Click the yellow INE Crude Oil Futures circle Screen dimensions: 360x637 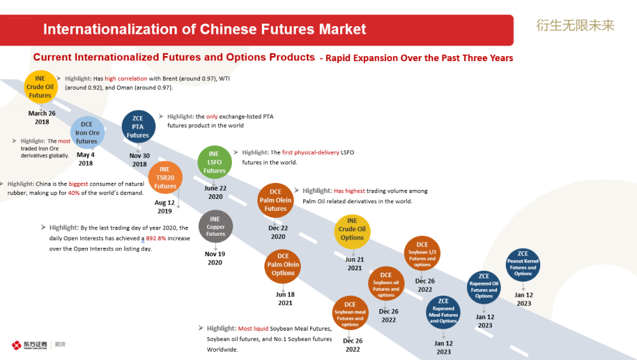pyautogui.click(x=40, y=87)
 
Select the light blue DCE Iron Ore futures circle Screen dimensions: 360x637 pyautogui.click(x=87, y=133)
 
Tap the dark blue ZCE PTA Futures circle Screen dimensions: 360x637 pyautogui.click(x=138, y=127)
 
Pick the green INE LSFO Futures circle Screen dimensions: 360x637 pyautogui.click(x=214, y=162)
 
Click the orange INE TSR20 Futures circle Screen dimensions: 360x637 pyautogui.click(x=165, y=178)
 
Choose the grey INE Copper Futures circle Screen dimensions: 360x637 pyautogui.click(x=215, y=226)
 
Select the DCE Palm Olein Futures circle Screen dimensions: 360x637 pyautogui.click(x=275, y=200)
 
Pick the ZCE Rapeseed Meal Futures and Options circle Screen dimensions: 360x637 pyautogui.click(x=443, y=311)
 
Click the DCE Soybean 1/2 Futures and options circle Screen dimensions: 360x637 pyautogui.click(x=422, y=254)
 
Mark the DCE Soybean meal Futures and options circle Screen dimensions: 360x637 pyautogui.click(x=350, y=315)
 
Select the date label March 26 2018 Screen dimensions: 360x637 pyautogui.click(x=42, y=117)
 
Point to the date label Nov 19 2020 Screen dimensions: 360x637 pyautogui.click(x=215, y=258)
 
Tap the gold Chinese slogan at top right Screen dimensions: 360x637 pyautogui.click(x=575, y=25)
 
